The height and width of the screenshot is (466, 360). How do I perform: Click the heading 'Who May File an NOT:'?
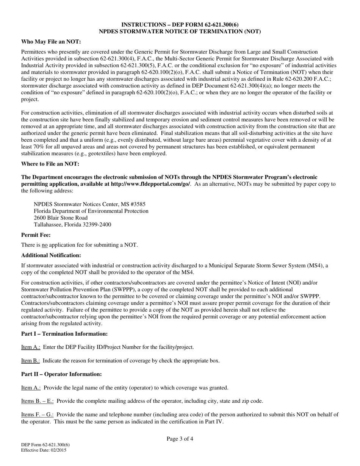pos(51,42)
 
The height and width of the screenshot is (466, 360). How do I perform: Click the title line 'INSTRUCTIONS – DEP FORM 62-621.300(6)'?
pos(180,25)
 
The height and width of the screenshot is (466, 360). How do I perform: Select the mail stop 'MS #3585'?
pos(133,204)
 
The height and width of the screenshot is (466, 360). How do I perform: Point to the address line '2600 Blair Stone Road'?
pos(61,218)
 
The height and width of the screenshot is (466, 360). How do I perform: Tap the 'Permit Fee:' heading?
pos(36,235)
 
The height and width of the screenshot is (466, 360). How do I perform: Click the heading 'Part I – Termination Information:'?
pos(64,334)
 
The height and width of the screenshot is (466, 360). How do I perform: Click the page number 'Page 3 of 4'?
pos(180,439)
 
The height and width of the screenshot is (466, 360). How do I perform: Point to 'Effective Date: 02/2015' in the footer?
pos(44,450)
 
